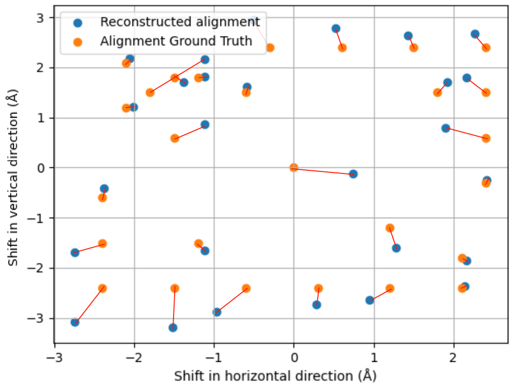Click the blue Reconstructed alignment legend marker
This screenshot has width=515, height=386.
[77, 22]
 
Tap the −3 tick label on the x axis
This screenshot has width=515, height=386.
[55, 357]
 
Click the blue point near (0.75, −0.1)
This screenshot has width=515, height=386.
[353, 174]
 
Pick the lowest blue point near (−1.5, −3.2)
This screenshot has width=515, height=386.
[173, 327]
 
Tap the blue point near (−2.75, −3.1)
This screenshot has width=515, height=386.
[75, 322]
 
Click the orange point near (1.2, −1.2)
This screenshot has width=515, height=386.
[390, 228]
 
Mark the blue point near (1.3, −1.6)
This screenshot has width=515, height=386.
[396, 248]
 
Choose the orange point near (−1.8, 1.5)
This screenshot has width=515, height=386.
[150, 93]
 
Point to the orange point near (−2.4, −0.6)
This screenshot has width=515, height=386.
[102, 198]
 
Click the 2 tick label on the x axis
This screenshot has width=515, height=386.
[454, 357]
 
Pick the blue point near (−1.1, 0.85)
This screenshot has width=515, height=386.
[205, 125]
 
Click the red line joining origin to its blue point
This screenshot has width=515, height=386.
[323, 171]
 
